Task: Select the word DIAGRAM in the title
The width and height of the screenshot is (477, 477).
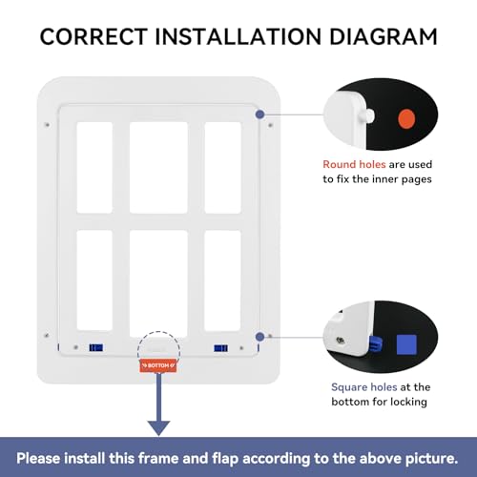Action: click(381, 37)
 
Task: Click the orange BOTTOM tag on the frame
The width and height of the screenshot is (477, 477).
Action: click(156, 366)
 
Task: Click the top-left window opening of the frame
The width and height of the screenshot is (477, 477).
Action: click(93, 166)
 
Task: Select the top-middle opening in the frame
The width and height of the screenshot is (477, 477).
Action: click(157, 166)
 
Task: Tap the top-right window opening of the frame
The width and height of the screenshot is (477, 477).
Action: click(222, 166)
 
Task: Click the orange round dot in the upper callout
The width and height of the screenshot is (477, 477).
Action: click(406, 119)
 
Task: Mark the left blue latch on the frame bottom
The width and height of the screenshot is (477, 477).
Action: click(93, 348)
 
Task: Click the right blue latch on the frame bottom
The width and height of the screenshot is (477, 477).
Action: click(221, 348)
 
